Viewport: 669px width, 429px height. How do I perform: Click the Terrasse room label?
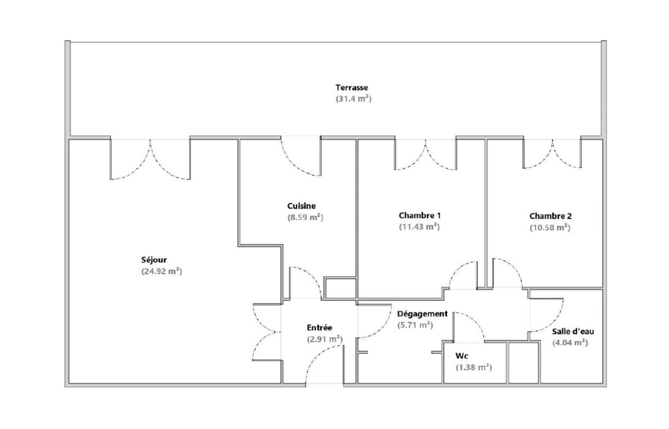coord(351,88)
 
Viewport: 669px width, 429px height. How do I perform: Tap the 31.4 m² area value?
coord(353,99)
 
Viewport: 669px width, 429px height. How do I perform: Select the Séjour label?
coord(154,260)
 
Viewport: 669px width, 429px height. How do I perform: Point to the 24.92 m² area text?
coord(161,271)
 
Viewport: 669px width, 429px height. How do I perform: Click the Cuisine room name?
coord(301,206)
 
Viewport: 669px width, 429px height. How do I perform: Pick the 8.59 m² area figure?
coord(305,217)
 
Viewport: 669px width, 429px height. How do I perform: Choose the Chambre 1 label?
coord(419,216)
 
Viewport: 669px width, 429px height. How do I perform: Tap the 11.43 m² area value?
coord(419,227)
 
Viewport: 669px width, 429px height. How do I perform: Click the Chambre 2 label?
coord(550,216)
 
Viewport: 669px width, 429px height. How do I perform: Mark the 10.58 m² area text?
coord(550,228)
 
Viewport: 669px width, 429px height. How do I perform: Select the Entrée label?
coord(319,328)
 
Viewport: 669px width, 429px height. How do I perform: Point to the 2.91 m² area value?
coord(324,339)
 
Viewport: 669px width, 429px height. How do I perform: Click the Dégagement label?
coord(422,314)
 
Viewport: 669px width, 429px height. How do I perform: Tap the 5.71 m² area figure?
coord(415,325)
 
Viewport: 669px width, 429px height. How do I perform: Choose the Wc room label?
coord(462,356)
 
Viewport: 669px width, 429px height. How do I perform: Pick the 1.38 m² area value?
coord(473,368)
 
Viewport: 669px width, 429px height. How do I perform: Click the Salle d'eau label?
coord(573,332)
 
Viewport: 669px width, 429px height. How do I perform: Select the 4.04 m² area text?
coord(570,343)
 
